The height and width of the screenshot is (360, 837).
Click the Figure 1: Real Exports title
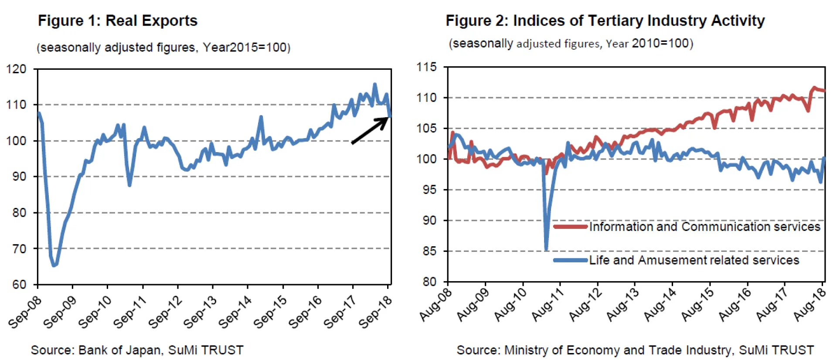(117, 20)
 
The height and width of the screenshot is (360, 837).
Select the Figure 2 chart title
(605, 20)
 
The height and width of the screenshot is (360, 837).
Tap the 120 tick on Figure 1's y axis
(16, 69)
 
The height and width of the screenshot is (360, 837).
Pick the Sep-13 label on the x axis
(200, 312)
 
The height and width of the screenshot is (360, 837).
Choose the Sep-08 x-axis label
(25, 312)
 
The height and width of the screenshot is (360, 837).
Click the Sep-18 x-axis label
(375, 312)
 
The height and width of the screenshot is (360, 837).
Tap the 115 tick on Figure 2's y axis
(426, 67)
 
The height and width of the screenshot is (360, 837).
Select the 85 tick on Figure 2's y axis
(429, 251)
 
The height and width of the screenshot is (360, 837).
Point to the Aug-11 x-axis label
(548, 305)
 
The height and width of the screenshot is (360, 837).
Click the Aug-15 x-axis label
(697, 305)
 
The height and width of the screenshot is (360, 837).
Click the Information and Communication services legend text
(704, 227)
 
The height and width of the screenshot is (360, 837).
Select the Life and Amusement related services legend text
(694, 260)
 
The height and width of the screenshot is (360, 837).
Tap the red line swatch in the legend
(570, 227)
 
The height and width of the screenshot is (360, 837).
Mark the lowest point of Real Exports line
(54, 265)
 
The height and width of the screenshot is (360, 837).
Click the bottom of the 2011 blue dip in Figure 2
(546, 249)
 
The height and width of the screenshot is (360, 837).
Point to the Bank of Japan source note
(137, 350)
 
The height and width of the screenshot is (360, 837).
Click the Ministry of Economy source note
(635, 350)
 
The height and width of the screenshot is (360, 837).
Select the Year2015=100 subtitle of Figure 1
(163, 47)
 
